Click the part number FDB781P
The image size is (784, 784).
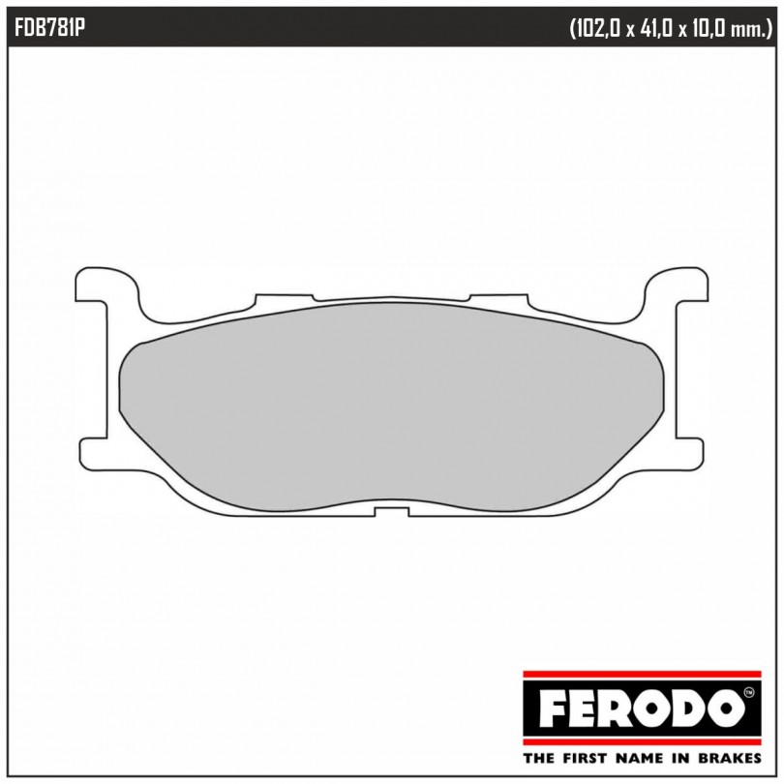pyautogui.click(x=49, y=29)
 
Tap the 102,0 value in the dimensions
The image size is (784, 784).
pyautogui.click(x=596, y=30)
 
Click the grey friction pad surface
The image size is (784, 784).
pyautogui.click(x=391, y=406)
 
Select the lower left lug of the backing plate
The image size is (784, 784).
pyautogui.click(x=94, y=453)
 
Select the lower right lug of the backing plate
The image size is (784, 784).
pyautogui.click(x=689, y=453)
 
